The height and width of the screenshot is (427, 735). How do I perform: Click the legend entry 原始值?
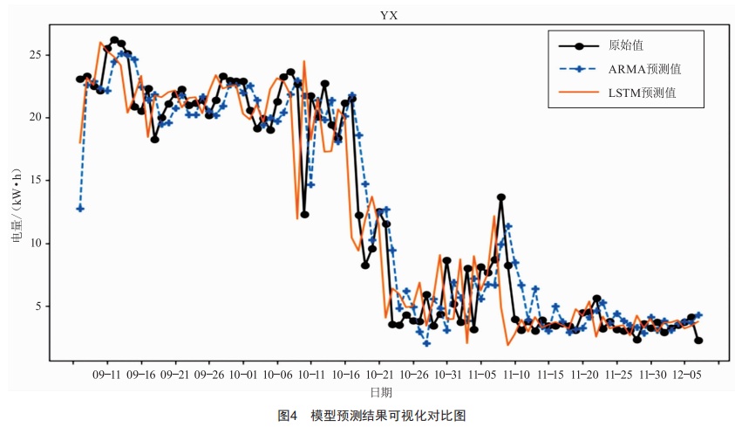(x=627, y=45)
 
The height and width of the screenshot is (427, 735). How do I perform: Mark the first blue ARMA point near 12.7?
(x=80, y=209)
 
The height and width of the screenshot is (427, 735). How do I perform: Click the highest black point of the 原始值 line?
(x=114, y=40)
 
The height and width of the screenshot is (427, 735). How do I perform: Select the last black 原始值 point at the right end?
(x=698, y=341)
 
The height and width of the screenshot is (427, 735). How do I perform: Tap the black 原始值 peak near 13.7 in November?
(x=501, y=197)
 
